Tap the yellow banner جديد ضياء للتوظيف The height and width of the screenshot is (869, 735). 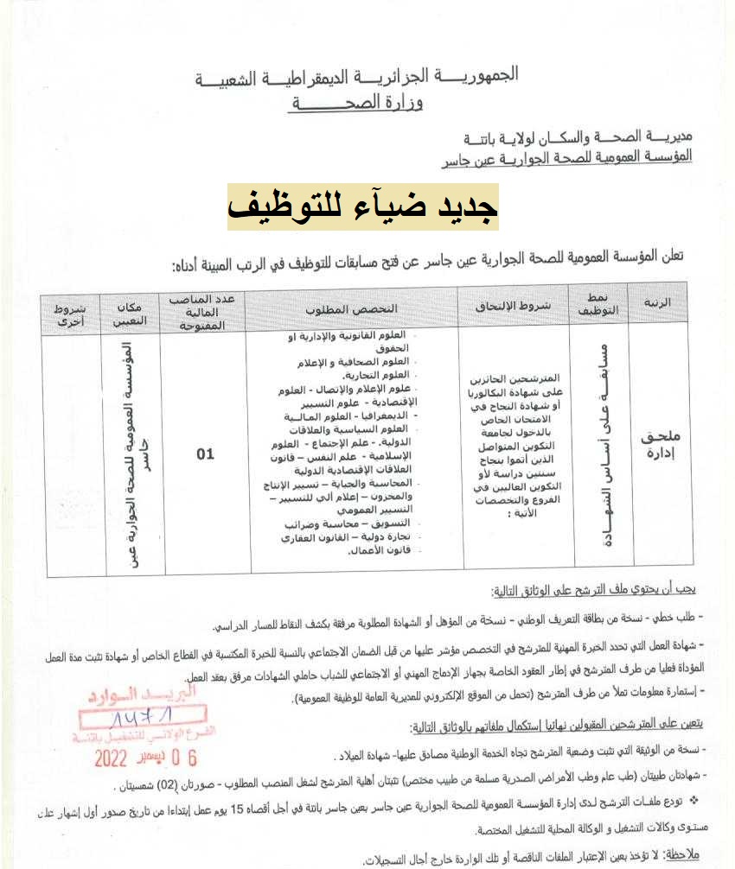363,206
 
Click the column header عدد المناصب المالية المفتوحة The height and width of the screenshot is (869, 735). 206,312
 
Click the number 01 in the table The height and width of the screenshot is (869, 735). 205,454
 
